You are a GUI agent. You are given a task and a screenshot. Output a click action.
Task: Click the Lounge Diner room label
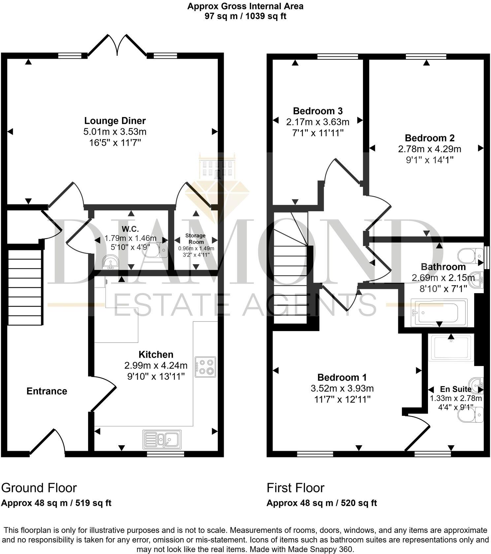[x=115, y=121]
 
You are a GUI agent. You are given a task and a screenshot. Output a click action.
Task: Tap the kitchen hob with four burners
[x=205, y=367]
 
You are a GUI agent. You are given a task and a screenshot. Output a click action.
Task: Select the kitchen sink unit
[x=162, y=439]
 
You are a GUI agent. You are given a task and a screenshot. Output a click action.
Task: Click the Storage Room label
[x=195, y=238]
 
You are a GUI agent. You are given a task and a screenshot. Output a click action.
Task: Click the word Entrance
[x=47, y=391]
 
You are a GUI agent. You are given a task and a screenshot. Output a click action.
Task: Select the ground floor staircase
[x=25, y=287]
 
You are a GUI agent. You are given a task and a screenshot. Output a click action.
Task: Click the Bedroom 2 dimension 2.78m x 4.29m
[x=430, y=149]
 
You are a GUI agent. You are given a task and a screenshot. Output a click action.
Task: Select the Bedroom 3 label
[x=318, y=111]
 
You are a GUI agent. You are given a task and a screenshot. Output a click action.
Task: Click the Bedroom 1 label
[x=342, y=377]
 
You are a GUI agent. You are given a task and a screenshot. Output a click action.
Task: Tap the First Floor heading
[x=295, y=488]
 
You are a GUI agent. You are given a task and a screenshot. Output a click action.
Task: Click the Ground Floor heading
[x=39, y=488]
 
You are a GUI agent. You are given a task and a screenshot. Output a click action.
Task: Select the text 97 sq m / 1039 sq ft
[x=245, y=16]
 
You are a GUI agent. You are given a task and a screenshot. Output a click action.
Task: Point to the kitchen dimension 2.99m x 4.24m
[x=156, y=365]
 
